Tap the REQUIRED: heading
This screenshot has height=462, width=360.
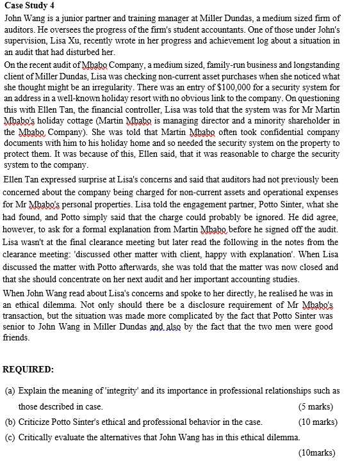coord(29,369)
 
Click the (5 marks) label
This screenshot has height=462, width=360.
coord(316,406)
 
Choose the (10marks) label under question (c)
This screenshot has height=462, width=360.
coord(316,452)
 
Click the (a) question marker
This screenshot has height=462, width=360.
coord(9,390)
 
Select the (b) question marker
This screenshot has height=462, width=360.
coord(9,422)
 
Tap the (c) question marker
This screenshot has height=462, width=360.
coord(9,437)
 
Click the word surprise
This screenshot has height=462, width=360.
coord(86,180)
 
